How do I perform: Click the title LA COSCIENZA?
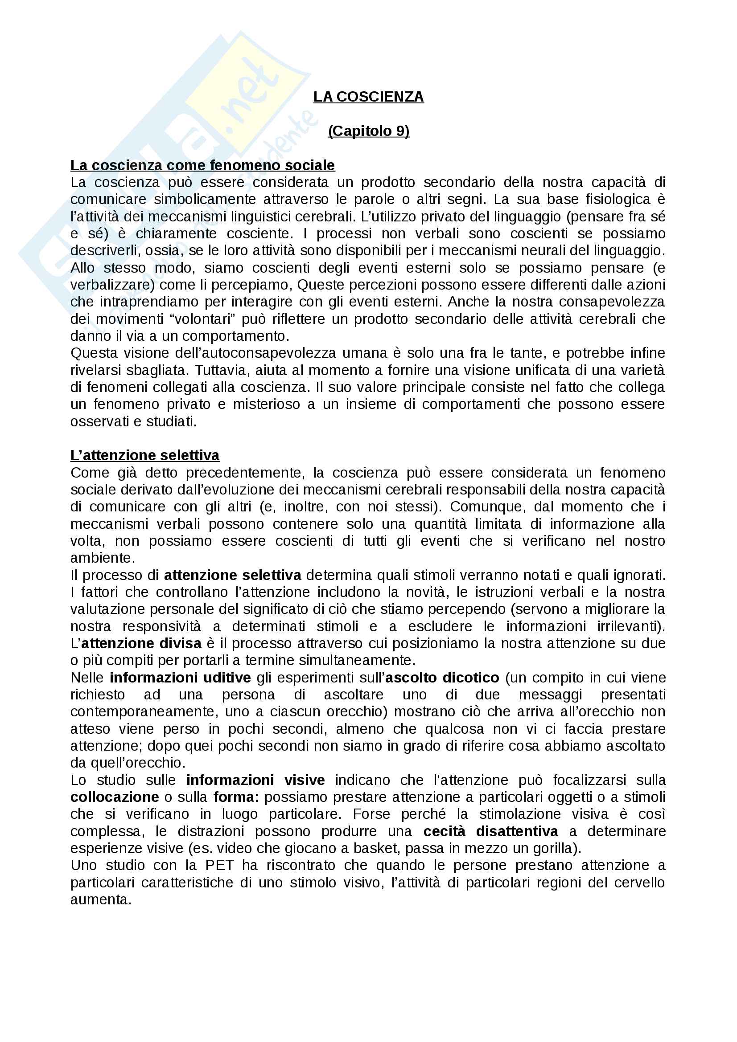pyautogui.click(x=368, y=97)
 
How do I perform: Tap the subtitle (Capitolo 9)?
pyautogui.click(x=368, y=131)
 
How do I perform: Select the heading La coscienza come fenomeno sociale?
pyautogui.click(x=202, y=165)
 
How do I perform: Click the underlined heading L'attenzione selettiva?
pyautogui.click(x=145, y=455)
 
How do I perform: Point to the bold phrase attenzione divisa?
pyautogui.click(x=142, y=643)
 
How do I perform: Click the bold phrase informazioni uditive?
pyautogui.click(x=180, y=678)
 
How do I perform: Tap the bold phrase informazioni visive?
pyautogui.click(x=255, y=780)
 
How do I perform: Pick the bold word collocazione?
pyautogui.click(x=115, y=797)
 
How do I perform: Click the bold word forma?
pyautogui.click(x=237, y=797)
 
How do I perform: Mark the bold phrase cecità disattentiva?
pyautogui.click(x=490, y=831)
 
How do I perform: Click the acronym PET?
pyautogui.click(x=220, y=866)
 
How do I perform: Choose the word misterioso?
pyautogui.click(x=267, y=405)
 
